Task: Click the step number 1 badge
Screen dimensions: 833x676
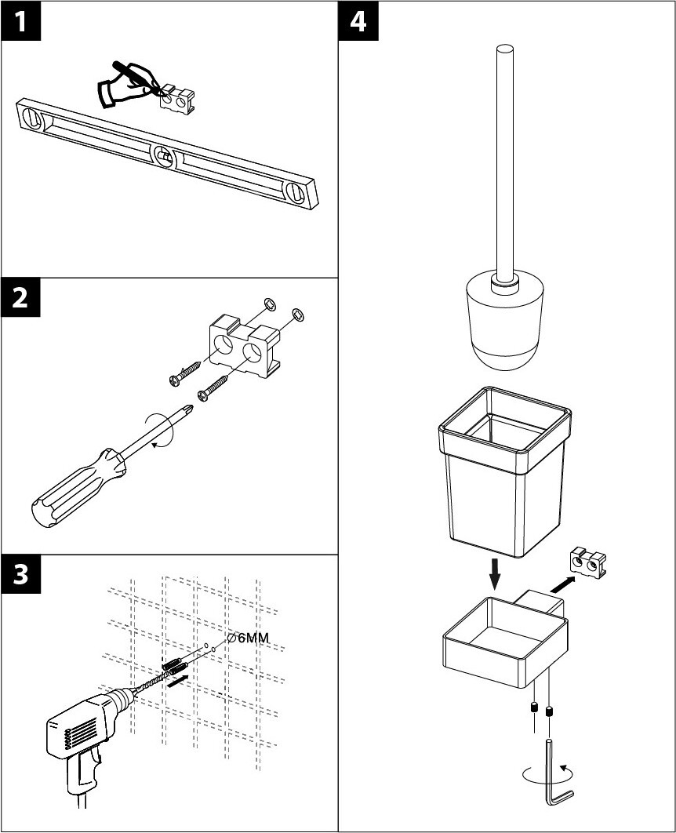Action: click(x=21, y=22)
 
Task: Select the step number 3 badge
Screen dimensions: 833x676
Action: click(x=21, y=575)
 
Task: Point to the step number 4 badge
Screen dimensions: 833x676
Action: click(x=358, y=22)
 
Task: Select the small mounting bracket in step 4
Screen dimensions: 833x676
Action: click(x=589, y=562)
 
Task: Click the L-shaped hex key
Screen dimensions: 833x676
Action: click(x=558, y=773)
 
